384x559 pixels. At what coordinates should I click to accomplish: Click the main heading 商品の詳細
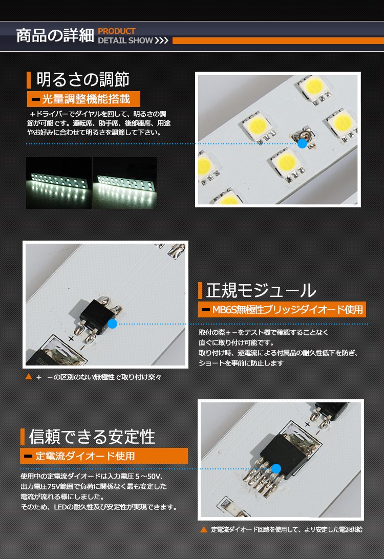click(55, 36)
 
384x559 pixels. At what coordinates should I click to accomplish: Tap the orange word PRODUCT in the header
click(117, 31)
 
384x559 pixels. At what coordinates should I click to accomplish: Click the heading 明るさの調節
click(83, 79)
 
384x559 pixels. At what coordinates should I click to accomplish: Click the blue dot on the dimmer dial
click(302, 143)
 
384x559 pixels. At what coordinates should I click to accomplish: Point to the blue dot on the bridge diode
click(112, 324)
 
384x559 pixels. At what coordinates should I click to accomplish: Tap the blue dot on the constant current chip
click(276, 468)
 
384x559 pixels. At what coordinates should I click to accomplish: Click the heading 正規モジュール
click(261, 290)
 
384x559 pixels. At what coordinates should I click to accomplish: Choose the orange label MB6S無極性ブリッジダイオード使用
click(282, 309)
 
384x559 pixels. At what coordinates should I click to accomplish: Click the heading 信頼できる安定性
click(92, 437)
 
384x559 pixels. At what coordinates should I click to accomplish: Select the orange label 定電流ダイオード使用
click(104, 456)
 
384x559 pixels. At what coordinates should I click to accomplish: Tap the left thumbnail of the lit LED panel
click(59, 183)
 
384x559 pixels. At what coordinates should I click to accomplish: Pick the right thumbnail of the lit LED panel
click(125, 183)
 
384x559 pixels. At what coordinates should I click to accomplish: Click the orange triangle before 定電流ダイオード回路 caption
click(204, 530)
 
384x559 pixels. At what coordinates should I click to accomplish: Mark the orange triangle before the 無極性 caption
click(29, 377)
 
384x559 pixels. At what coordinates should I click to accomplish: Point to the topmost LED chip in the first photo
click(313, 86)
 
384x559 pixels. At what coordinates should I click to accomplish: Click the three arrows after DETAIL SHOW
click(161, 40)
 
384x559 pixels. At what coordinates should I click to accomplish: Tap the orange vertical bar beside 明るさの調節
click(29, 80)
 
